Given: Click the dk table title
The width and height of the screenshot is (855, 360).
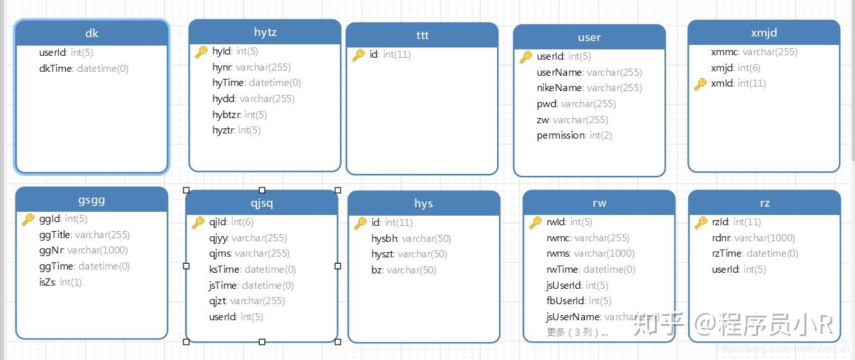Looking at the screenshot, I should [92, 33].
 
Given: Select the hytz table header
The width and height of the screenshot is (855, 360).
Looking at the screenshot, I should [265, 32].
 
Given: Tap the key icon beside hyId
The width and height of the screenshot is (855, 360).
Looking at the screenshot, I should [201, 52].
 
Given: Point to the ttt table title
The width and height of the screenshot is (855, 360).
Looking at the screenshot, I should [422, 35].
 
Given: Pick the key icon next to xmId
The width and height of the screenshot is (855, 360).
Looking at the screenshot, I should [700, 83].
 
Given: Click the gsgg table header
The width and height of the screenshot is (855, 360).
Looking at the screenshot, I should [92, 200].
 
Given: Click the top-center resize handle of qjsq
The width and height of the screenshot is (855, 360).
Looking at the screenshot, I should [262, 190].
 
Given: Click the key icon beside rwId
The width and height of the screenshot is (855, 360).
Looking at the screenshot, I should [535, 223].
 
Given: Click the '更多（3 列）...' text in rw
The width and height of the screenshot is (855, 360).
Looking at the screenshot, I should [577, 332].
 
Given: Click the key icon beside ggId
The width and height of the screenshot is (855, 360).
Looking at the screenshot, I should [28, 219].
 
